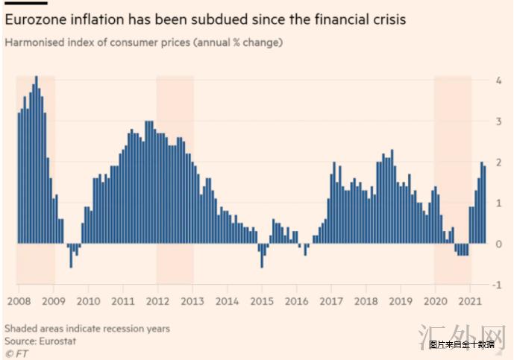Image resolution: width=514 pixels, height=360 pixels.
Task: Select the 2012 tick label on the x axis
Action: tap(157, 302)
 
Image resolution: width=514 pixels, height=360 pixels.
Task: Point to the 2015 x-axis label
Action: tap(261, 302)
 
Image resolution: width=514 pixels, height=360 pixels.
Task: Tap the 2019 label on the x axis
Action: tap(401, 302)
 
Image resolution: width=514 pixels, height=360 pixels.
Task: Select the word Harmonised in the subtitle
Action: tap(33, 42)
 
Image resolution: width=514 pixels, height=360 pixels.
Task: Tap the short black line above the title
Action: tap(26, 3)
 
